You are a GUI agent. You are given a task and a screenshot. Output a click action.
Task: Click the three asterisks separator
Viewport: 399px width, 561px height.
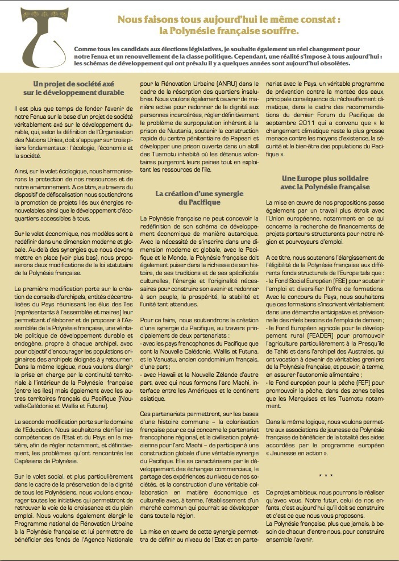[x=326, y=474]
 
